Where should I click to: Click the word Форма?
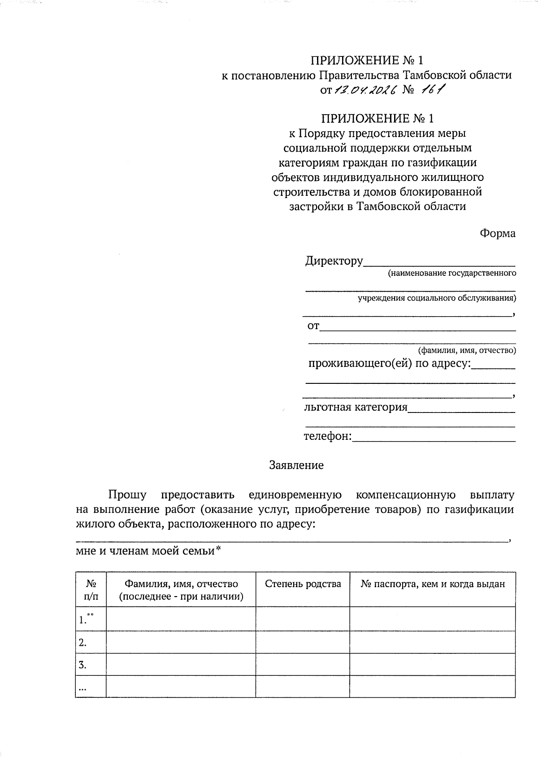(x=498, y=233)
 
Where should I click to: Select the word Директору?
(x=334, y=261)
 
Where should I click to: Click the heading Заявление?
(x=296, y=465)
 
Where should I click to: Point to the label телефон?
(x=328, y=436)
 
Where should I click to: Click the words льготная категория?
(x=356, y=407)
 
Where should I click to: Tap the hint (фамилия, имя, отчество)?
(x=467, y=350)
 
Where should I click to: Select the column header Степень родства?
(x=303, y=584)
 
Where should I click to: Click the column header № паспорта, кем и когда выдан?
(x=433, y=584)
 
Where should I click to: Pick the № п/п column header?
(x=91, y=590)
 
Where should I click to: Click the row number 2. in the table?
(x=82, y=643)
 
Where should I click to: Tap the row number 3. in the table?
(x=82, y=665)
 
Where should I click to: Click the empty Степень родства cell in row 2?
(x=303, y=643)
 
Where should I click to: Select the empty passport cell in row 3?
(x=433, y=665)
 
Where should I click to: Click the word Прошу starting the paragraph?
(x=127, y=495)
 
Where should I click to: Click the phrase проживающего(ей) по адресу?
(x=390, y=363)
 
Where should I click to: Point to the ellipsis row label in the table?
(x=82, y=687)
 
